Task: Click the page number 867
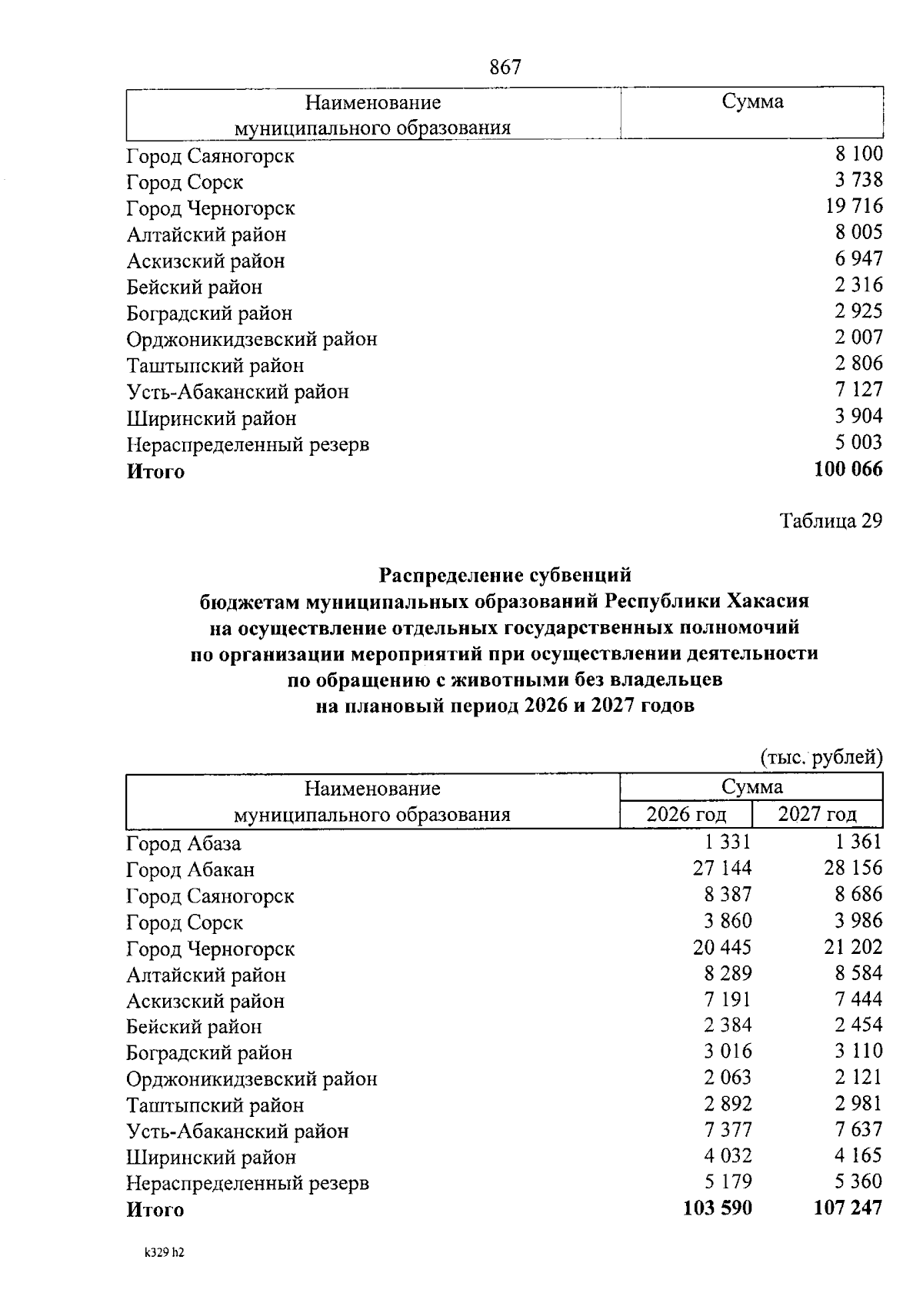tap(505, 68)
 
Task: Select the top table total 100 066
tap(848, 469)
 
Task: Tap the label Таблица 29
tap(831, 521)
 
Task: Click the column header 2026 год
tap(686, 814)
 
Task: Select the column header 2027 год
tap(817, 814)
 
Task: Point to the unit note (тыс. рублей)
tap(821, 758)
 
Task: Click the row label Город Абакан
tap(190, 870)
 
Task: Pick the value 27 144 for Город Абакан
tap(722, 869)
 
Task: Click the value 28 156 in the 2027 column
tap(853, 869)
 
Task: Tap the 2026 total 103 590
tap(718, 1208)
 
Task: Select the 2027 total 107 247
tap(848, 1208)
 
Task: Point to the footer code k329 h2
tap(165, 1252)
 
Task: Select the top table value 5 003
tap(859, 443)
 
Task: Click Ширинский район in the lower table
tap(211, 1158)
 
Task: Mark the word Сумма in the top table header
tap(752, 101)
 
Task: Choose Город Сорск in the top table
tap(185, 183)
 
